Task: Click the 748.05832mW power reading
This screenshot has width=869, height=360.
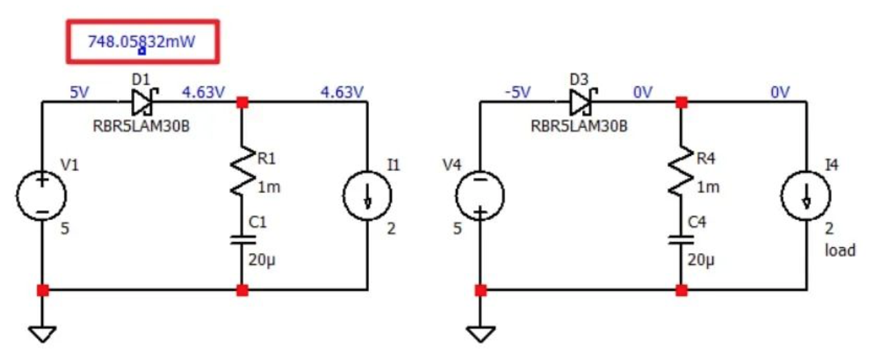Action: click(141, 41)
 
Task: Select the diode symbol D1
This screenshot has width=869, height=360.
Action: click(143, 103)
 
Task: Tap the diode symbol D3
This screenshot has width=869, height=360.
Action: click(581, 103)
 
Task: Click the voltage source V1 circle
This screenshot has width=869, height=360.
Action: click(43, 195)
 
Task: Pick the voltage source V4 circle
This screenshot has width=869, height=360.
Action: click(481, 195)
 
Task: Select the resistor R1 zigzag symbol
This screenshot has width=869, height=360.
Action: click(242, 166)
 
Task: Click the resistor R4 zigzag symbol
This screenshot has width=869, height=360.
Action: click(681, 166)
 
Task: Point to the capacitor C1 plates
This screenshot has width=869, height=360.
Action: click(242, 239)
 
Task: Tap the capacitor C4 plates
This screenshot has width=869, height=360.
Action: click(681, 239)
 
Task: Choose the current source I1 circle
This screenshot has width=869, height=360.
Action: click(367, 195)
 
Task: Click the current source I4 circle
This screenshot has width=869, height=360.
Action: click(806, 195)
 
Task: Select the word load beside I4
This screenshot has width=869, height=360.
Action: click(839, 250)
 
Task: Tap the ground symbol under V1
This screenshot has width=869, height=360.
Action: click(43, 334)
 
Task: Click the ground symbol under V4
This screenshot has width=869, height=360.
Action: click(481, 334)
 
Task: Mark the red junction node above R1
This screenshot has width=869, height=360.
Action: click(242, 103)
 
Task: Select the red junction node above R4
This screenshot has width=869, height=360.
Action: click(681, 103)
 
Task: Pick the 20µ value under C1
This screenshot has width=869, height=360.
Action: click(261, 261)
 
